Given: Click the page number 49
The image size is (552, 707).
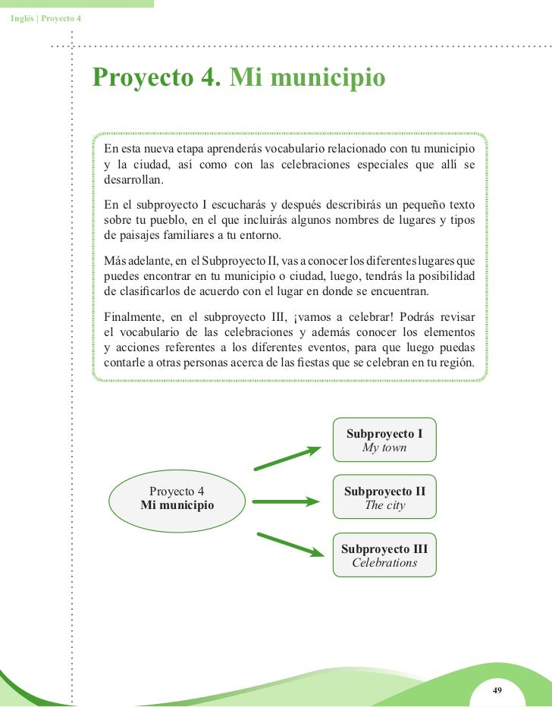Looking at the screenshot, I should (x=497, y=690).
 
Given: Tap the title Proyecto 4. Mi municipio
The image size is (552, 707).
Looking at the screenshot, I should (x=239, y=78).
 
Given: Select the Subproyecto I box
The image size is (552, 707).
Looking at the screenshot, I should (x=384, y=440).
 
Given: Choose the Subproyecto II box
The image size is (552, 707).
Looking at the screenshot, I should (x=384, y=498).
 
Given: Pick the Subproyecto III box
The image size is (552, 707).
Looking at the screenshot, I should (x=384, y=555).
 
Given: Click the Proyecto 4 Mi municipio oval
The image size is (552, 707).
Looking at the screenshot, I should (x=177, y=498).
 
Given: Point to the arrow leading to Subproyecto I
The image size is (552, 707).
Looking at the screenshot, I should (x=287, y=458).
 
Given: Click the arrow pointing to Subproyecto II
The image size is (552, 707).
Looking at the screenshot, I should (x=287, y=501).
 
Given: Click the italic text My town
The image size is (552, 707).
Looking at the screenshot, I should (x=384, y=448).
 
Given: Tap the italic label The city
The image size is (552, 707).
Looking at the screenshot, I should (x=384, y=505).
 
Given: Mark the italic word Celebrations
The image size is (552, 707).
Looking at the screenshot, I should (x=384, y=563).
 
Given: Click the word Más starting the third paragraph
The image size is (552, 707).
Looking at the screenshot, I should (x=114, y=261).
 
